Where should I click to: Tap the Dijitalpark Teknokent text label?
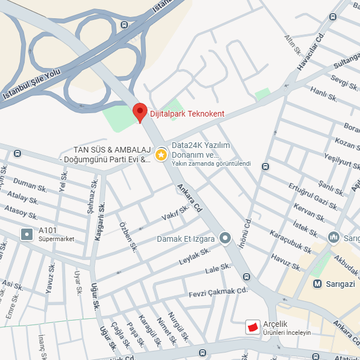(187, 114)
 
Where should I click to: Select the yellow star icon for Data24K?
(162, 154)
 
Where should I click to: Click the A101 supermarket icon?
(27, 234)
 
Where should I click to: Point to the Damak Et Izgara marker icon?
(225, 238)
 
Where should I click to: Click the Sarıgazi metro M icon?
(318, 283)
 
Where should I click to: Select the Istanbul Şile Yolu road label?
(31, 85)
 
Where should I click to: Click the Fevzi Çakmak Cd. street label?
(218, 293)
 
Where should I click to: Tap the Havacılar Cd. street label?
(310, 51)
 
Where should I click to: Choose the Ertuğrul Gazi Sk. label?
(313, 195)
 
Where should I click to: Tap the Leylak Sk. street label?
(195, 256)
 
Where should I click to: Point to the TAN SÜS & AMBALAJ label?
(111, 150)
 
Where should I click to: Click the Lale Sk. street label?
(218, 269)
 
